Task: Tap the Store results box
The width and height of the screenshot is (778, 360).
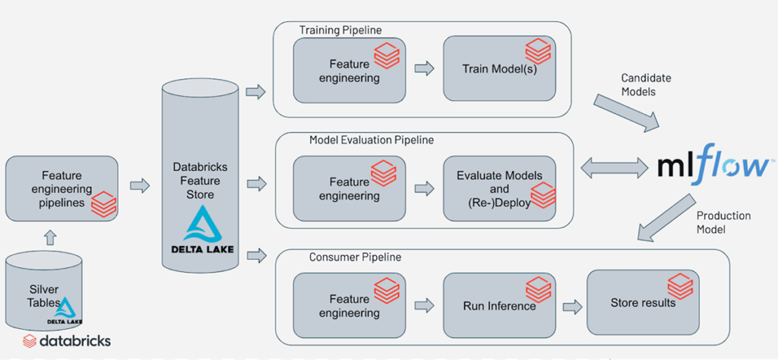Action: click(644, 303)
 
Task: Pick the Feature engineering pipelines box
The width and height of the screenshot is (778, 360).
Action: click(62, 188)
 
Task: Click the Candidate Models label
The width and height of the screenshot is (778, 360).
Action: click(646, 84)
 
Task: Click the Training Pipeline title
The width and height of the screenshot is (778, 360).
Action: click(340, 30)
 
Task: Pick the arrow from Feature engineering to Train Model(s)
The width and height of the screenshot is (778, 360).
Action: click(423, 68)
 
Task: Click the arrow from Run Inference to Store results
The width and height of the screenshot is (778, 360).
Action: click(571, 305)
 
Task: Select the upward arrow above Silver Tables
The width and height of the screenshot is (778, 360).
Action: click(50, 238)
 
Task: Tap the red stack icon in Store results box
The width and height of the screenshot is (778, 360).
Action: click(679, 286)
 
